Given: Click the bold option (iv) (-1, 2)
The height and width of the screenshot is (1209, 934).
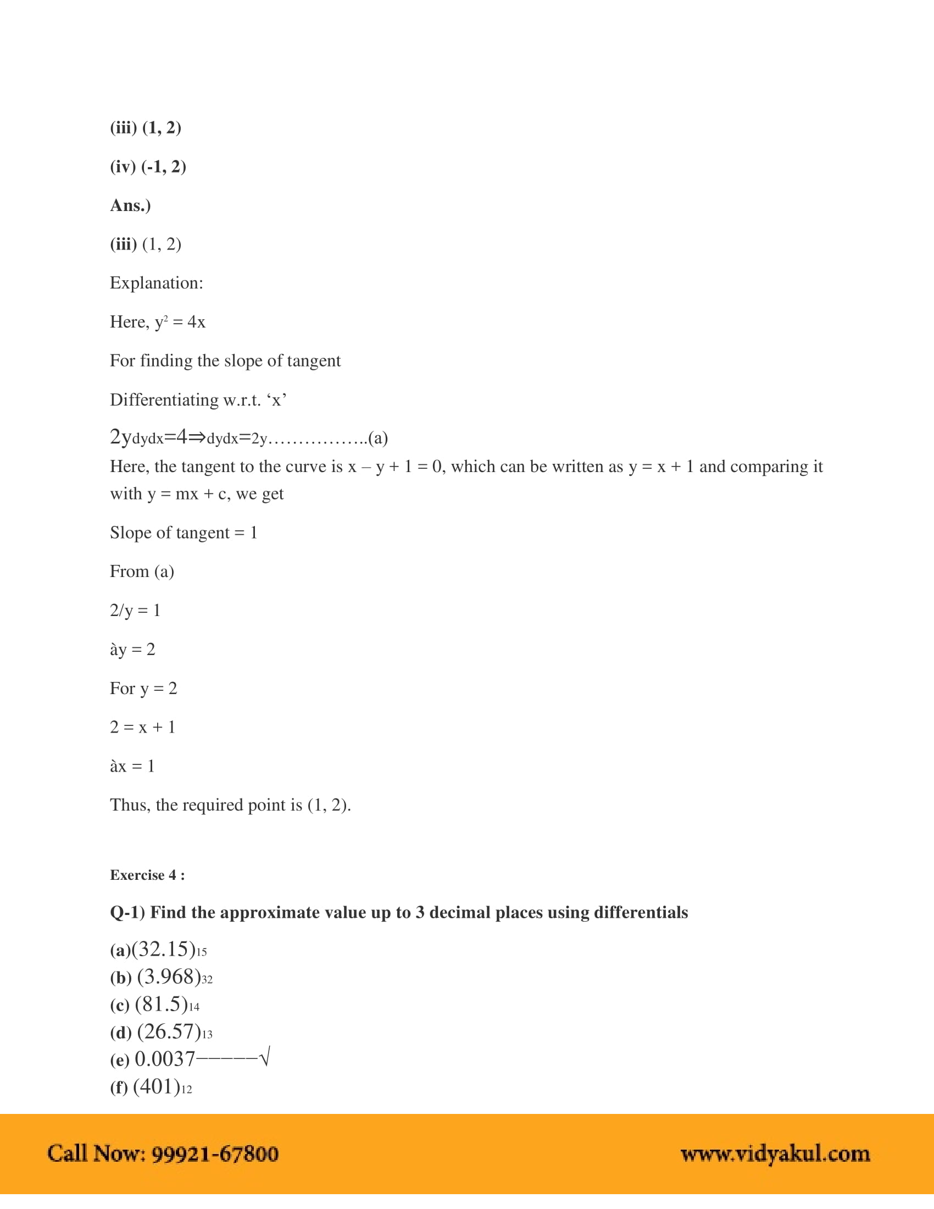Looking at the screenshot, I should click(148, 167).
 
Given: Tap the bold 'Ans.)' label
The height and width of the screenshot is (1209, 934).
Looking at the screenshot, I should click(130, 206).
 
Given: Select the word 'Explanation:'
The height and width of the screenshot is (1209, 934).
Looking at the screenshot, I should click(156, 284).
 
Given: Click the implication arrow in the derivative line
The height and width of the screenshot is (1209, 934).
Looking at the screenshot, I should click(197, 437).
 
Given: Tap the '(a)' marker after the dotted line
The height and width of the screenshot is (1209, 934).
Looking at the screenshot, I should click(378, 439).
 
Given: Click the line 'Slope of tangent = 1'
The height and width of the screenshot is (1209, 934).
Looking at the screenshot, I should click(183, 533).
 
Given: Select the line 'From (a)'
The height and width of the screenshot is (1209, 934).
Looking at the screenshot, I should click(142, 572).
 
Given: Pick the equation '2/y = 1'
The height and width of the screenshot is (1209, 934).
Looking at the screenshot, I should click(135, 611).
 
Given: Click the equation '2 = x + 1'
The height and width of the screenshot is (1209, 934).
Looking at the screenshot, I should click(142, 728).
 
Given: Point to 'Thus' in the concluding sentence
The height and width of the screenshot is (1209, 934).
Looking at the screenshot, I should click(130, 805).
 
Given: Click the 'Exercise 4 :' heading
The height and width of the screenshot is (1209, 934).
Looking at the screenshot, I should click(147, 875).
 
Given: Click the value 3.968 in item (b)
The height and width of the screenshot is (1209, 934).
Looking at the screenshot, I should click(168, 977).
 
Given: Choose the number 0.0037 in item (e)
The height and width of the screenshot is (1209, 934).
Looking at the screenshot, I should click(164, 1059).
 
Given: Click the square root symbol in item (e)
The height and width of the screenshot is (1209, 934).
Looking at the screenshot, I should click(264, 1057).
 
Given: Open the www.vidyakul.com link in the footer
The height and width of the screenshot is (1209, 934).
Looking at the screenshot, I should click(775, 1153).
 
